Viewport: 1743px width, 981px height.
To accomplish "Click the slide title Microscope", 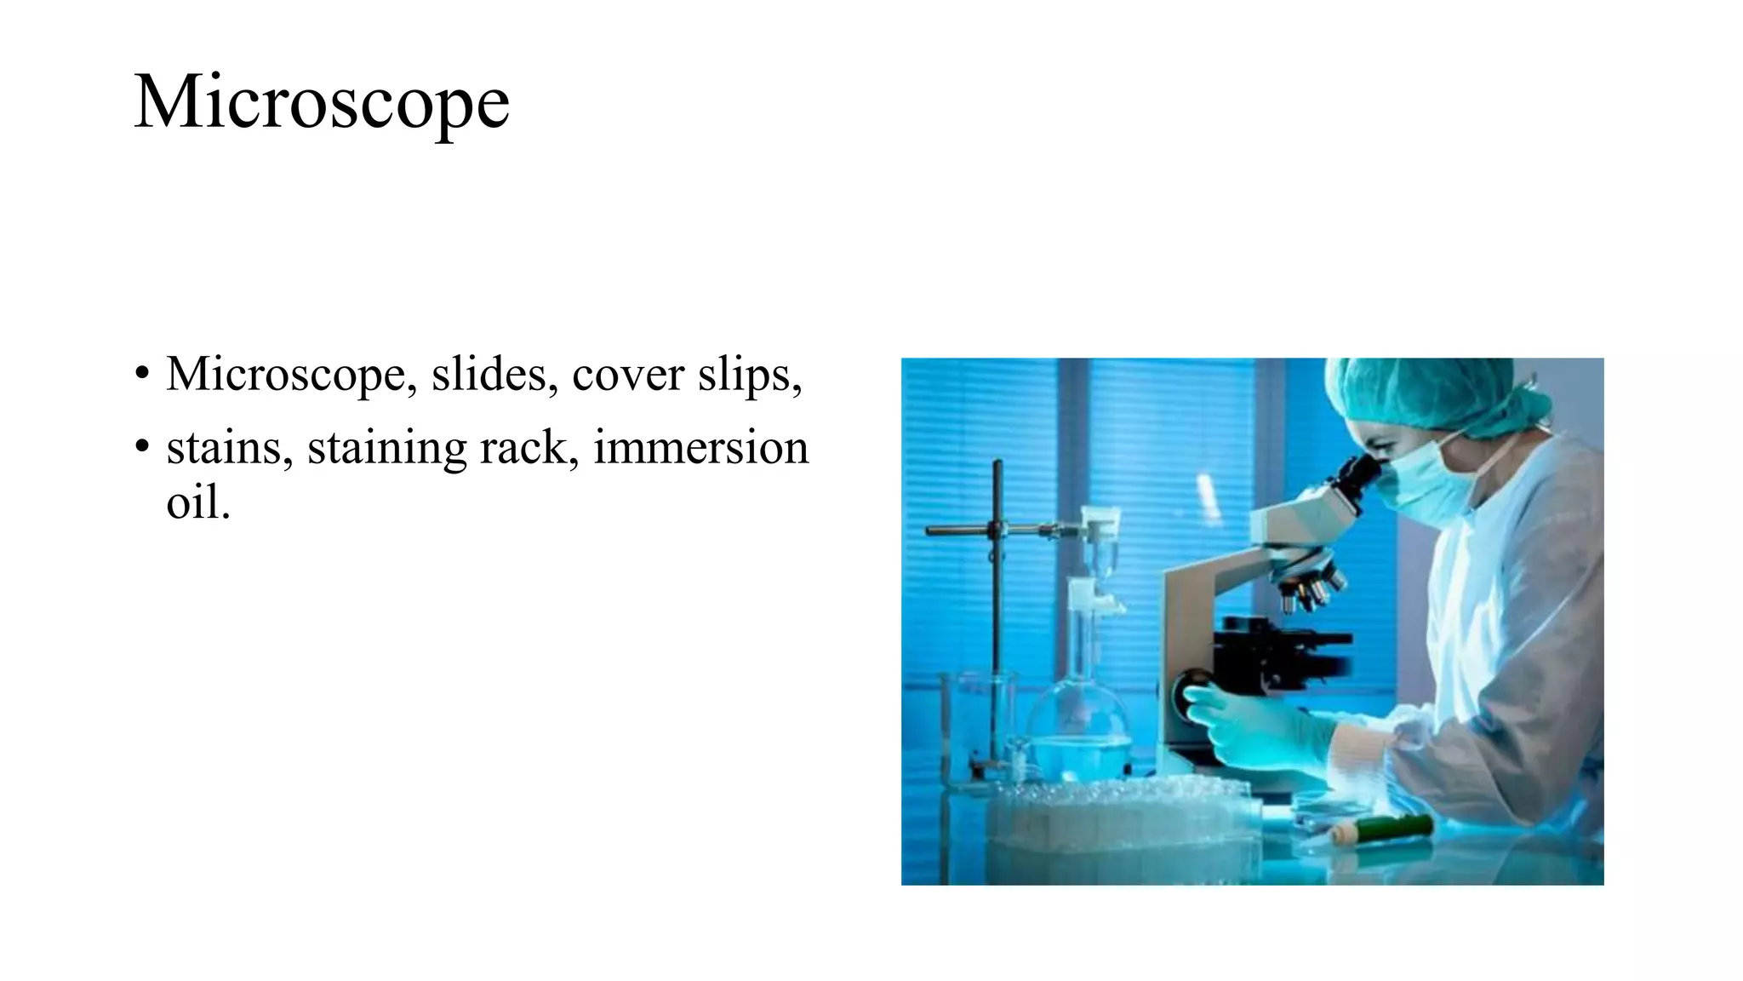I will (x=322, y=103).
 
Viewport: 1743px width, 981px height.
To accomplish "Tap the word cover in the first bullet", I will (x=628, y=374).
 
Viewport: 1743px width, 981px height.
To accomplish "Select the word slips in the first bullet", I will (x=749, y=375).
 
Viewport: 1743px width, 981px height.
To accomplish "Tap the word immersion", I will (x=700, y=448).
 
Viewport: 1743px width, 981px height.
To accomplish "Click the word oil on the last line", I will (x=197, y=502).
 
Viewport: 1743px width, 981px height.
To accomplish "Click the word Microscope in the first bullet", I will (x=285, y=375).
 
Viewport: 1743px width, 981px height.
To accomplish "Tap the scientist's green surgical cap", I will (x=1438, y=392).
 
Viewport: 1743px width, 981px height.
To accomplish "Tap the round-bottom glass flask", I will (x=1079, y=732).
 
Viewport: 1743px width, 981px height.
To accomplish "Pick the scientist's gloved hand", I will (x=1251, y=724).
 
